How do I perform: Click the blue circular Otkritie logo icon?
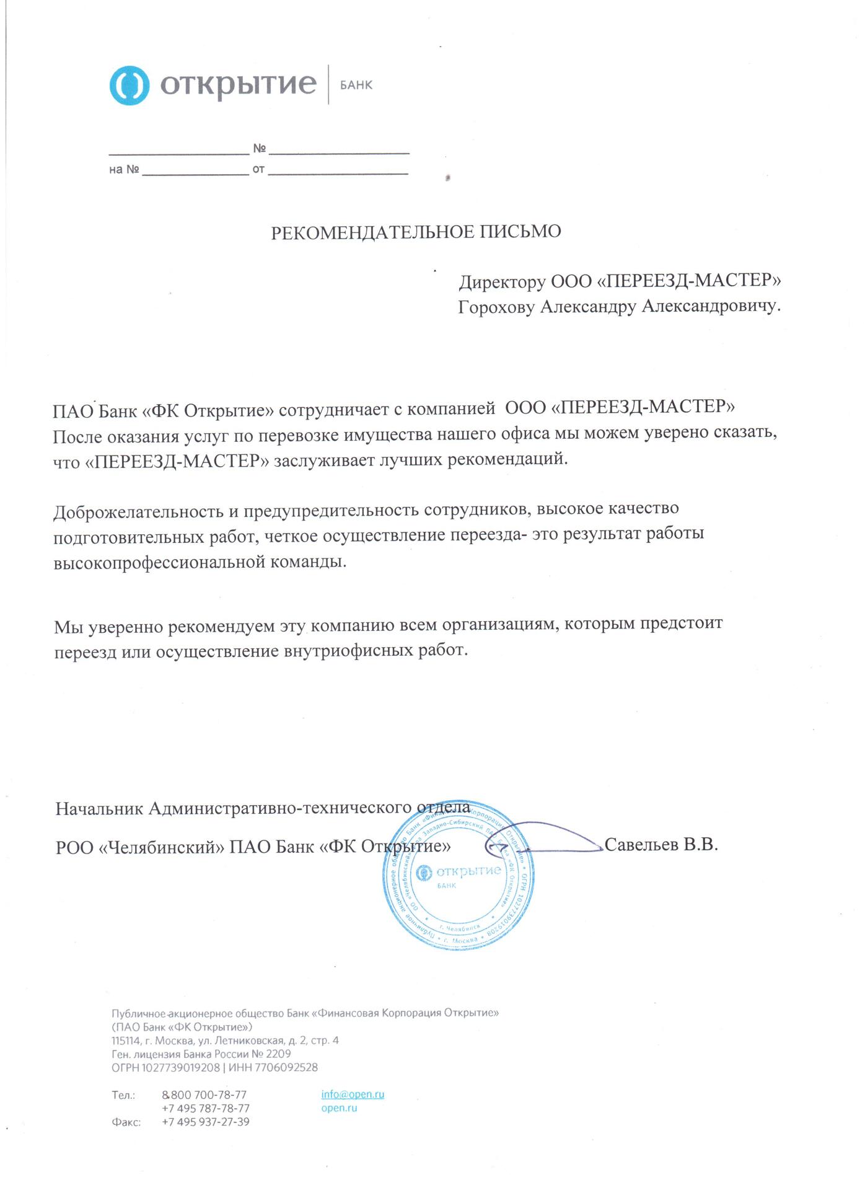click(130, 85)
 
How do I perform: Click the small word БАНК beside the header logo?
click(356, 86)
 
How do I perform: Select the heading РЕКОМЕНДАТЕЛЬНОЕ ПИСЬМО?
click(416, 232)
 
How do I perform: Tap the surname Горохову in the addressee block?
click(496, 307)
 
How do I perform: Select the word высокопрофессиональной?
click(159, 563)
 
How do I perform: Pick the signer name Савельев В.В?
click(661, 845)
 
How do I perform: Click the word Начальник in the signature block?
click(100, 809)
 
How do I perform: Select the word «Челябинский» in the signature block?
click(161, 847)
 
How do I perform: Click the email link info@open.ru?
click(353, 1095)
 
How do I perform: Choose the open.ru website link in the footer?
click(339, 1108)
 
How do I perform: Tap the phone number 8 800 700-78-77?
click(204, 1095)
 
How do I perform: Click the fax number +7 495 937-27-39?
click(205, 1122)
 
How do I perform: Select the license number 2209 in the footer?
click(278, 1054)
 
